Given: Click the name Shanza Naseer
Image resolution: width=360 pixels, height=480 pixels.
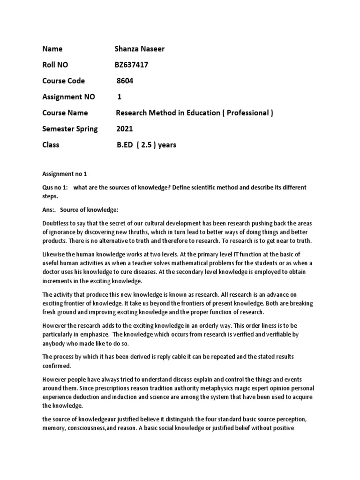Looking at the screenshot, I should pyautogui.click(x=139, y=49).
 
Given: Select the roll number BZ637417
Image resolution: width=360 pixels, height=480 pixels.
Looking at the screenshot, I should pyautogui.click(x=132, y=65).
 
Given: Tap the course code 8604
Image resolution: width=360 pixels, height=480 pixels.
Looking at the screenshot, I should pyautogui.click(x=125, y=81).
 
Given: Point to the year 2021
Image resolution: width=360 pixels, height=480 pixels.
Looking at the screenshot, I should pyautogui.click(x=125, y=128).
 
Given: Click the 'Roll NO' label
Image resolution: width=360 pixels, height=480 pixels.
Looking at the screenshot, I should pyautogui.click(x=55, y=65).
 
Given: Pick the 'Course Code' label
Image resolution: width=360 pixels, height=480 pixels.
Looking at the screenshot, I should pyautogui.click(x=63, y=81).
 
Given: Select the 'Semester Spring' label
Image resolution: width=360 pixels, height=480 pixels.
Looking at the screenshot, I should pyautogui.click(x=70, y=128).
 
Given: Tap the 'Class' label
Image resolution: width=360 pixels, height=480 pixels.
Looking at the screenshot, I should pyautogui.click(x=51, y=144).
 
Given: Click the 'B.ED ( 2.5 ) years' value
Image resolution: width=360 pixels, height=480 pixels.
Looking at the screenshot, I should pyautogui.click(x=146, y=144).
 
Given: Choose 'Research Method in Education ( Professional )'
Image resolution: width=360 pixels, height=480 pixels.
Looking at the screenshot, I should pyautogui.click(x=195, y=112).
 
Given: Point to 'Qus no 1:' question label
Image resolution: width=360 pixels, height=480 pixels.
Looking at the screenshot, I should pyautogui.click(x=55, y=187).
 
